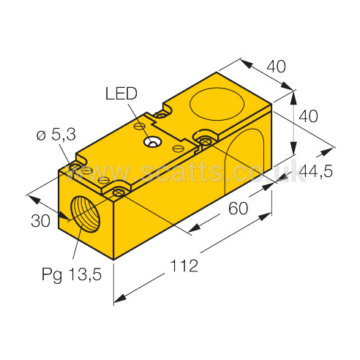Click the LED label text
point(121,94)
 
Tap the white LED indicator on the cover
point(151,142)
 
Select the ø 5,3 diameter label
point(56,135)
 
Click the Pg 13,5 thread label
point(72,274)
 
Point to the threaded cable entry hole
point(85,214)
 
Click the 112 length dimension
point(184,266)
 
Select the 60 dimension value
point(238,209)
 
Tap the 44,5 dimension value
point(315,171)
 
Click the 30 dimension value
point(40,221)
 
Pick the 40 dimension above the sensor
point(276,67)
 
